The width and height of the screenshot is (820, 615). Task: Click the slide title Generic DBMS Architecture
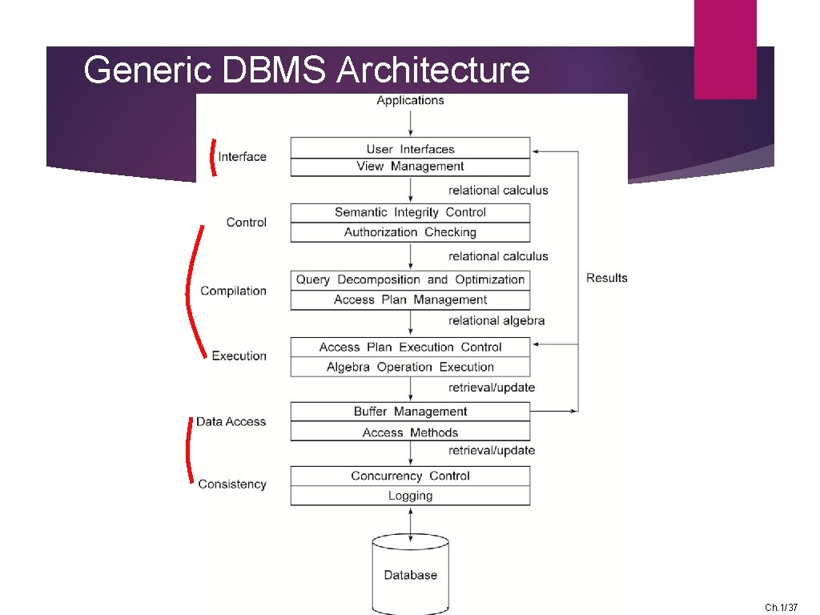[306, 70]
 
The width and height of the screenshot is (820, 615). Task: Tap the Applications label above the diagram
[410, 100]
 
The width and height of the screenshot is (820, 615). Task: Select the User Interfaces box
[410, 148]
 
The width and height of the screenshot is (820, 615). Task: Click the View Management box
[410, 167]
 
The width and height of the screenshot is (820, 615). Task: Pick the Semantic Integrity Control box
[410, 212]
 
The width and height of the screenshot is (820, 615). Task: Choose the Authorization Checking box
[410, 232]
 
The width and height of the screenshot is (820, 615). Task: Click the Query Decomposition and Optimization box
[410, 279]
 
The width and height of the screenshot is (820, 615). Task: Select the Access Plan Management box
[410, 299]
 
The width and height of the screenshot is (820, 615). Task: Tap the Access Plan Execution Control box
[410, 347]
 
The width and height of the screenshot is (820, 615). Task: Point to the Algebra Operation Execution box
[410, 367]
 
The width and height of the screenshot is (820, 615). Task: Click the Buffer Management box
[410, 411]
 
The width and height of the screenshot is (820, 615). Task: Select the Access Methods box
[410, 432]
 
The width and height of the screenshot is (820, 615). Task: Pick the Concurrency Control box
[410, 476]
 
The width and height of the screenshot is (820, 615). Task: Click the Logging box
[410, 496]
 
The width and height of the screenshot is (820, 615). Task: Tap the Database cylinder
[410, 573]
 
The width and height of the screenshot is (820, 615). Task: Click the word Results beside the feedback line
[607, 278]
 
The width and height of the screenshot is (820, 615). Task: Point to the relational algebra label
[496, 320]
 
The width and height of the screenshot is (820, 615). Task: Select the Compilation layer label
[233, 291]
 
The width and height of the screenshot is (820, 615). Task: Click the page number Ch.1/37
[781, 608]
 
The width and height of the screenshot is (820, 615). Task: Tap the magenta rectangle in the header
[725, 50]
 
